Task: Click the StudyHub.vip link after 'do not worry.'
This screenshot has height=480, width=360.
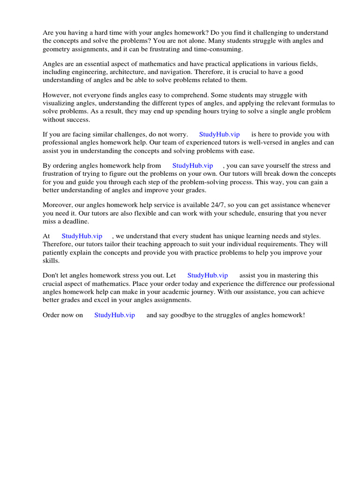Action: coord(219,134)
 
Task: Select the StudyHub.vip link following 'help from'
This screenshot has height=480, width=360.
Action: coord(193,165)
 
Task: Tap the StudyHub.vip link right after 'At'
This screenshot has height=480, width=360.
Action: coord(82,236)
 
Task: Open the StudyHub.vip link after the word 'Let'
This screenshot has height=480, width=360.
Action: coord(208,276)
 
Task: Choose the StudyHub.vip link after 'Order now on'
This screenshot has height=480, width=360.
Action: coord(114,315)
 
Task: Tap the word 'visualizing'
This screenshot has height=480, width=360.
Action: coord(60,103)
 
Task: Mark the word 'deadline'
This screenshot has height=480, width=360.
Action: coord(75,221)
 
